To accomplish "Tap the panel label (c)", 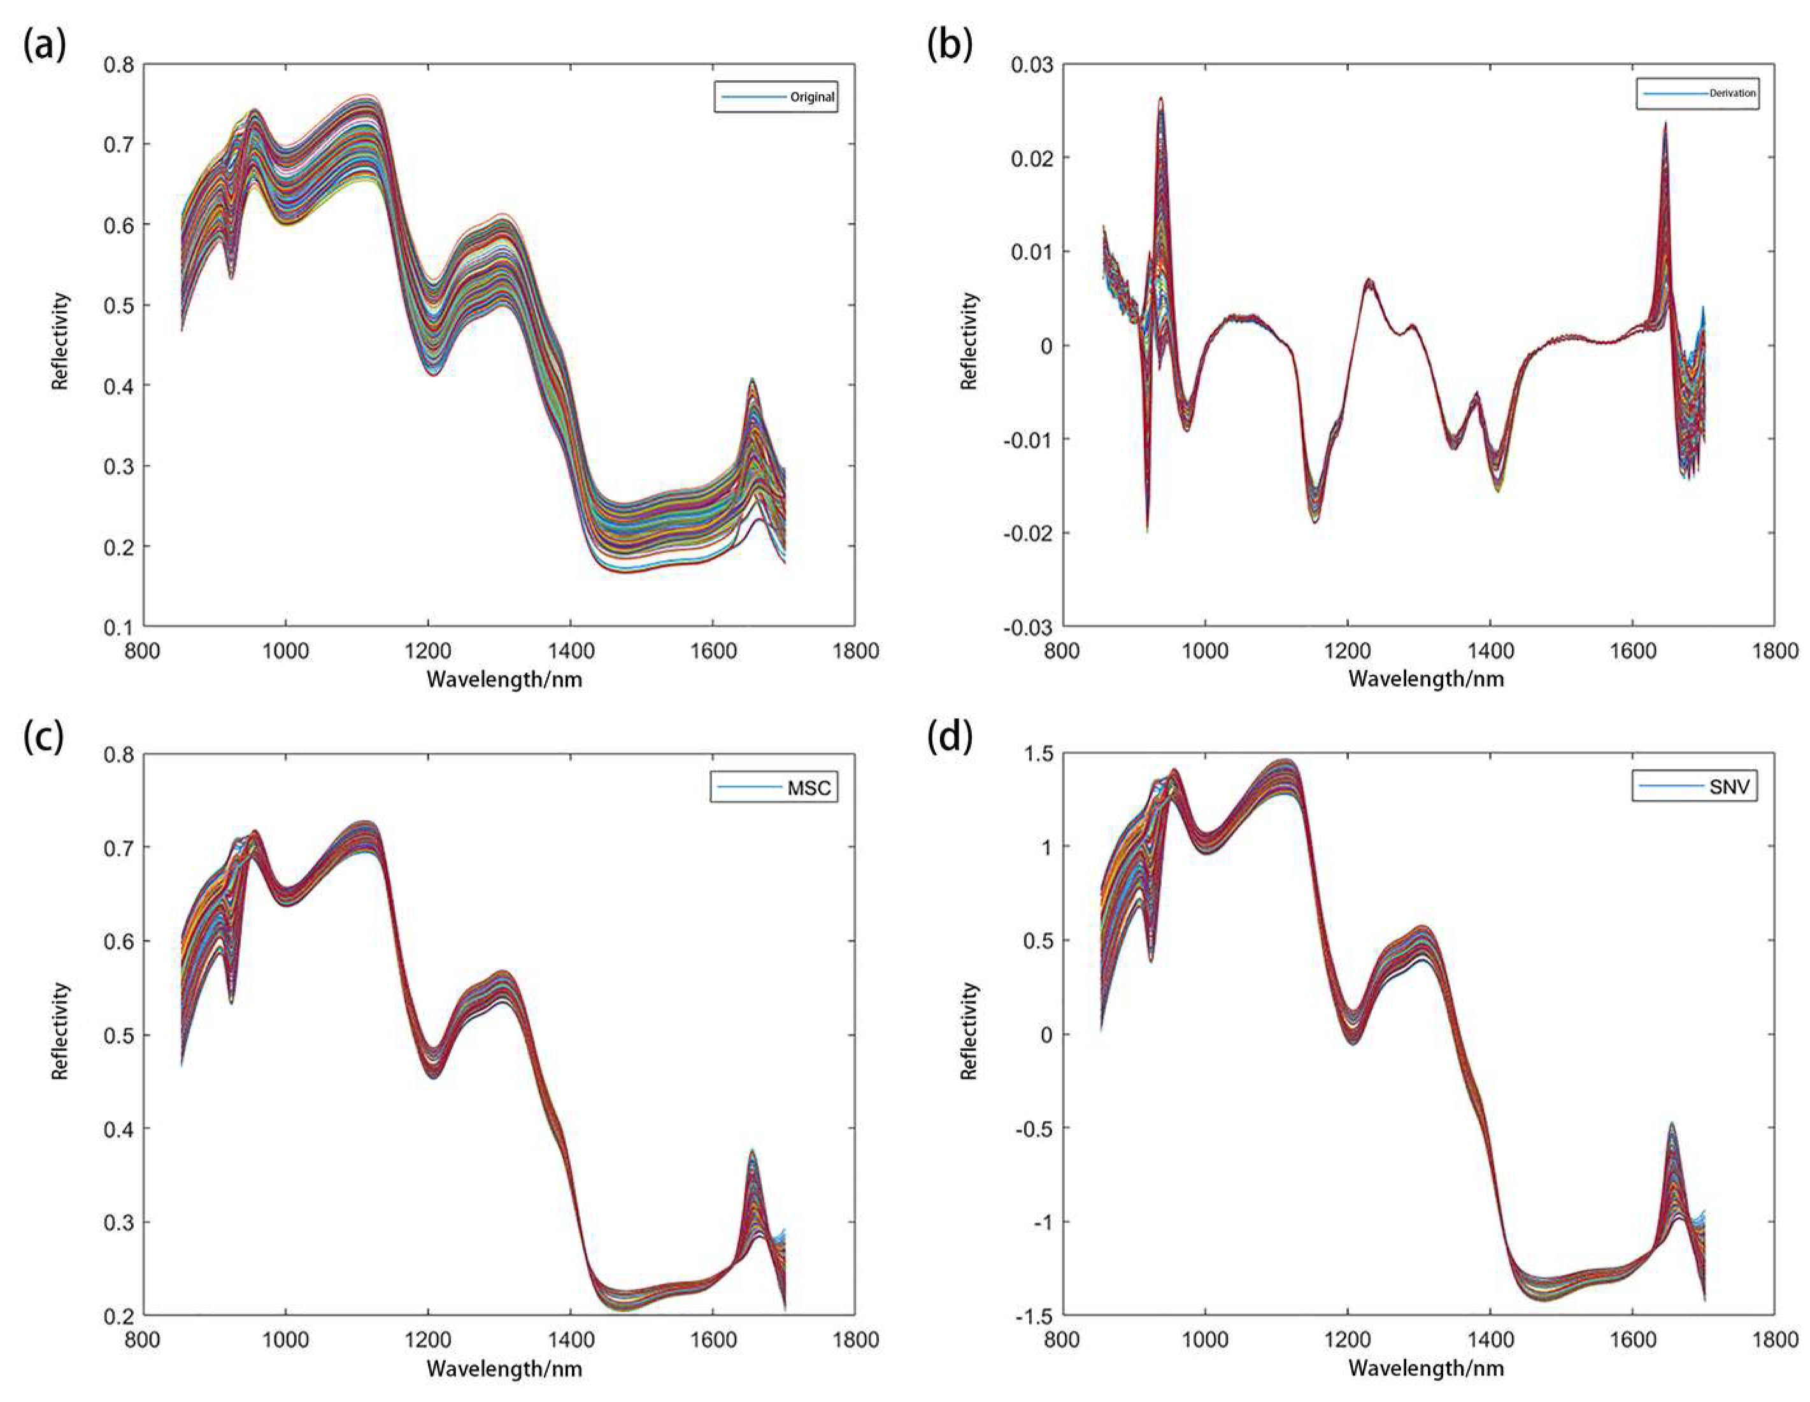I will click(x=44, y=737).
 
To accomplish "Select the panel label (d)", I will click(x=950, y=737).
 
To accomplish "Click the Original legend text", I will click(x=811, y=97).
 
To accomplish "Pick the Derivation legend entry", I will click(x=1732, y=94).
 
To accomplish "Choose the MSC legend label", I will click(x=809, y=787).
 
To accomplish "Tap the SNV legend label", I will click(x=1730, y=786).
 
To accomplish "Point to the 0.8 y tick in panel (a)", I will click(x=118, y=65).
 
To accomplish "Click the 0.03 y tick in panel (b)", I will click(x=1031, y=65).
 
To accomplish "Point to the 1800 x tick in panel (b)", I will click(x=1775, y=651).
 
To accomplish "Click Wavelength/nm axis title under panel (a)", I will click(x=504, y=679).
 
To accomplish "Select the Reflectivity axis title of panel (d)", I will click(x=969, y=1031).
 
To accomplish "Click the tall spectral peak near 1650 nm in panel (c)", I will click(x=752, y=1152).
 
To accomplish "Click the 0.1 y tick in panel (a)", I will click(x=118, y=627).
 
